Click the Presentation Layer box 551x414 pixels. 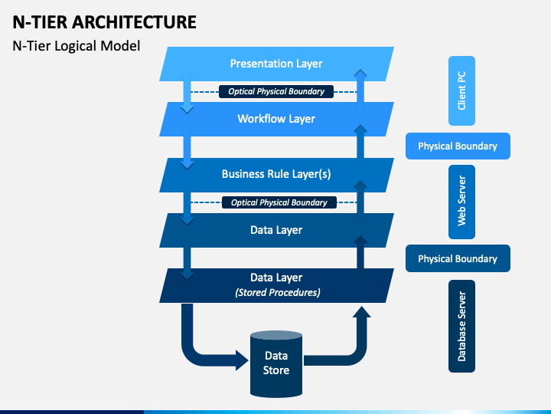[276, 64]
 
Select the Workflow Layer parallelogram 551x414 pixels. [276, 119]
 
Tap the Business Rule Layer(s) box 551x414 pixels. [276, 175]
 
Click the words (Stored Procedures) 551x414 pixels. [278, 293]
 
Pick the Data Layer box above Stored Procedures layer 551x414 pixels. [276, 230]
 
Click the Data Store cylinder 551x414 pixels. [276, 364]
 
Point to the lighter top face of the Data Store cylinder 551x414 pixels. [276, 335]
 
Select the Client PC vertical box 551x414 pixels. [461, 90]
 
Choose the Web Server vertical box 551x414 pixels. [461, 202]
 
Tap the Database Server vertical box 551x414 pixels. [461, 326]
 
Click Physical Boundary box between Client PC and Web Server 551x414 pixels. [458, 146]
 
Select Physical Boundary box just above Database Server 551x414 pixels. [458, 258]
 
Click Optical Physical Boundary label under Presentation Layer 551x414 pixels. [276, 91]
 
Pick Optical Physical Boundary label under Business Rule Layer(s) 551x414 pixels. [279, 202]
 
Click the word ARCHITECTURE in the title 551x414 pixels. [134, 22]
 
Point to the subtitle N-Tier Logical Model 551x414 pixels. [77, 46]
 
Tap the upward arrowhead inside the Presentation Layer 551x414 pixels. [360, 73]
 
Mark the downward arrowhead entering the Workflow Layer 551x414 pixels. [187, 110]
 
